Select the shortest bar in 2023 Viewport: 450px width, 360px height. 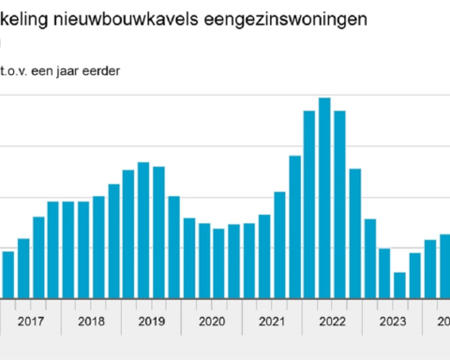[x=399, y=285]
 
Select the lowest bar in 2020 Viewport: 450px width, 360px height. [x=218, y=263]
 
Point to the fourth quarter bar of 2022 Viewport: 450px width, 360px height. [x=354, y=233]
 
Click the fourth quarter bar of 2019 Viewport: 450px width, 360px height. [x=173, y=247]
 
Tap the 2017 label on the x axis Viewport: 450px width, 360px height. [x=31, y=322]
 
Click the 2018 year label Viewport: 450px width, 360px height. [x=91, y=322]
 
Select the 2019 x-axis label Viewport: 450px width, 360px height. [x=151, y=322]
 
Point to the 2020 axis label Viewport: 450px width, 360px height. [x=211, y=322]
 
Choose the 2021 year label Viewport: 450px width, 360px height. [x=271, y=322]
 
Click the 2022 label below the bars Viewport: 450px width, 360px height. [x=332, y=322]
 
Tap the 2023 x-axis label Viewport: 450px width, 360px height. [x=392, y=322]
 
